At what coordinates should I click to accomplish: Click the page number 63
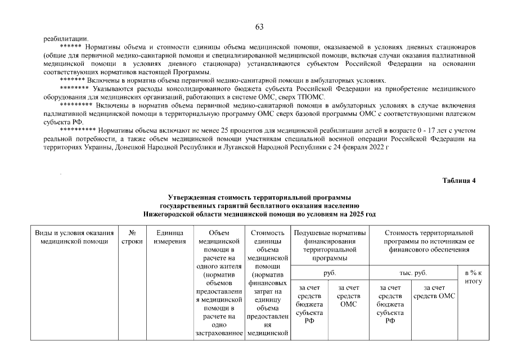pyautogui.click(x=259, y=27)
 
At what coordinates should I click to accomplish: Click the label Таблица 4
pyautogui.click(x=459, y=181)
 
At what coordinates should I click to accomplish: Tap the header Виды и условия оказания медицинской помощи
pyautogui.click(x=75, y=237)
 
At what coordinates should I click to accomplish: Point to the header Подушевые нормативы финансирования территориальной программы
pyautogui.click(x=330, y=245)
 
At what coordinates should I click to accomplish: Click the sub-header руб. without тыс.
pyautogui.click(x=330, y=273)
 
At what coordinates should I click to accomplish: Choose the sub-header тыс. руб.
pyautogui.click(x=413, y=273)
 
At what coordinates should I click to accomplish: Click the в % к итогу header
pyautogui.click(x=474, y=277)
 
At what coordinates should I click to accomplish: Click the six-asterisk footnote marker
pyautogui.click(x=70, y=46)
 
